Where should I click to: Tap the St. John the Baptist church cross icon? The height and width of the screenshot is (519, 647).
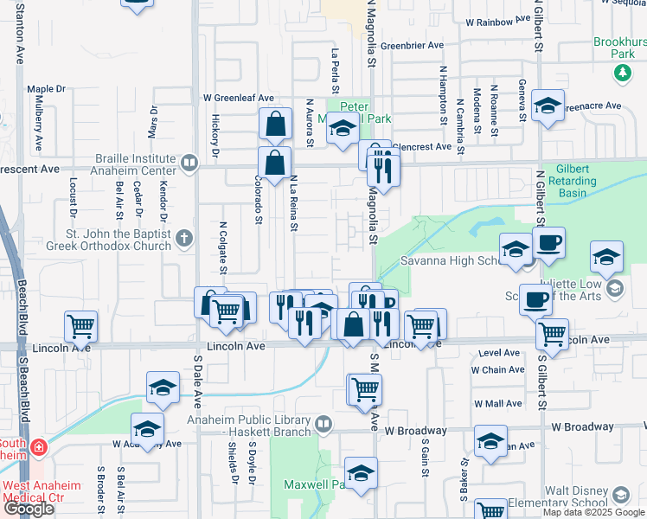coord(184,237)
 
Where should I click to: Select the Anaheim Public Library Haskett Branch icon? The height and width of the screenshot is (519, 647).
coord(323,424)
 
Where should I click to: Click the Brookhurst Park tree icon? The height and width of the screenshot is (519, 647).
coord(622,73)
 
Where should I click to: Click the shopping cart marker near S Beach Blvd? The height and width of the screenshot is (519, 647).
coord(80,327)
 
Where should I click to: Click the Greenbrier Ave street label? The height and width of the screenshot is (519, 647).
coord(412,45)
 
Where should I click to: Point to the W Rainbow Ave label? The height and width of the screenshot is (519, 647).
coord(497,21)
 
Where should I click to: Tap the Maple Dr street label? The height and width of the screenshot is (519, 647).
coord(47,89)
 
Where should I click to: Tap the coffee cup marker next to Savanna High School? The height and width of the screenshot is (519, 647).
coord(548,243)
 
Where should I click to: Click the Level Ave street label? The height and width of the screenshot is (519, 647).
coord(499,353)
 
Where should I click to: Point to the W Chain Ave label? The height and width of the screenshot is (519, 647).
coord(497,370)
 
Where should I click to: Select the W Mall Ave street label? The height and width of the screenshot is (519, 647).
coord(497,404)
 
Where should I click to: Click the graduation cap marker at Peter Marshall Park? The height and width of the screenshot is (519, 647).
coord(343,131)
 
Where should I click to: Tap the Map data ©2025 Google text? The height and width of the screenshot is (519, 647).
coord(593,512)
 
